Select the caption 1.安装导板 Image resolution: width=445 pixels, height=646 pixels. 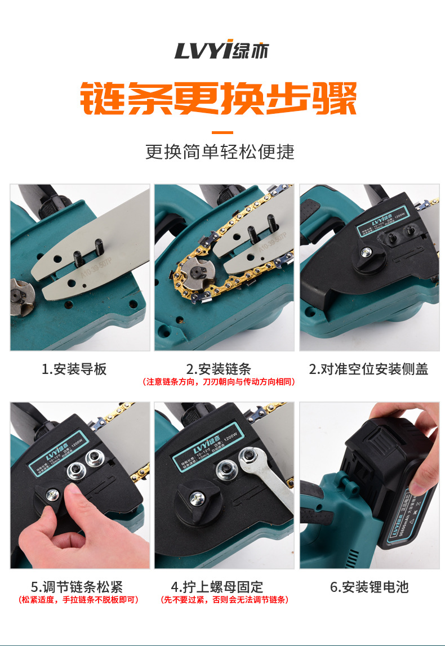pos(74,369)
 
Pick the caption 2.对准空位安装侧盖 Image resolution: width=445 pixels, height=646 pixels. pos(368,369)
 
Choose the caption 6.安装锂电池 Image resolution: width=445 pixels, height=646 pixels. pos(368,587)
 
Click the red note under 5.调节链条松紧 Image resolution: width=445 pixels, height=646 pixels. pos(78,600)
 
